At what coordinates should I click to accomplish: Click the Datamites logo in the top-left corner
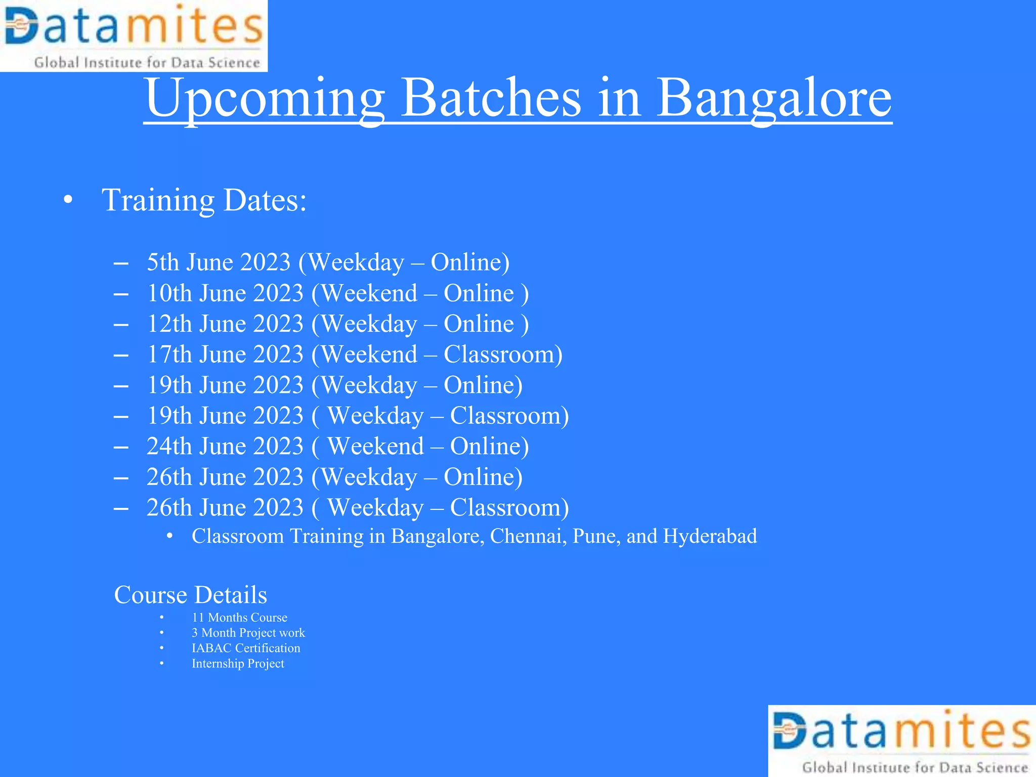tap(134, 35)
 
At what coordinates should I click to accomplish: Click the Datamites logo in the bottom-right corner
tap(902, 741)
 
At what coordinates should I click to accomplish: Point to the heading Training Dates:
tap(204, 200)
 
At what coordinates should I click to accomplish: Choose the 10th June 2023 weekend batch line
tap(337, 293)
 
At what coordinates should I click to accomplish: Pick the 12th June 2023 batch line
tap(337, 324)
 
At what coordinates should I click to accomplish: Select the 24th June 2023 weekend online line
tap(337, 447)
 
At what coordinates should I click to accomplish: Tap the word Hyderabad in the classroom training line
tap(710, 536)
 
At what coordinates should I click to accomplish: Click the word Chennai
tap(528, 536)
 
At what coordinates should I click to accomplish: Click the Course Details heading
tap(190, 595)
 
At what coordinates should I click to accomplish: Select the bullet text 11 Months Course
tap(239, 618)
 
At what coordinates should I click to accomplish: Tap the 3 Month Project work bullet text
tap(248, 633)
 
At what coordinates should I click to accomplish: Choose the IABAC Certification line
tap(246, 649)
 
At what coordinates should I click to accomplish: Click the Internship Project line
tap(238, 664)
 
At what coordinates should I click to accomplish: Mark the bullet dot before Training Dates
tap(68, 201)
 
